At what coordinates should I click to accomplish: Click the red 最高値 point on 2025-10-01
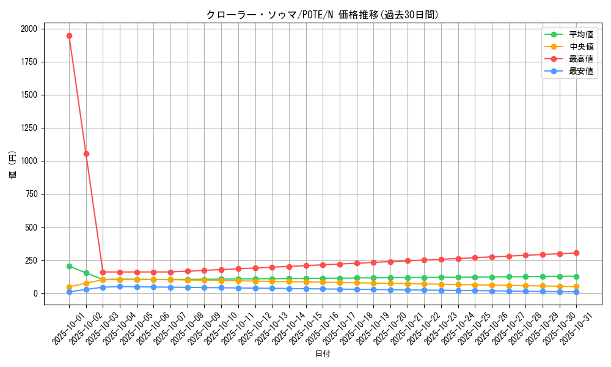coord(69,35)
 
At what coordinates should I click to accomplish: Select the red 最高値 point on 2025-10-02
coord(86,154)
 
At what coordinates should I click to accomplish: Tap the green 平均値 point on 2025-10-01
coord(69,266)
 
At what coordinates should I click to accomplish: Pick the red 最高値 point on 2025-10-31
coord(576,253)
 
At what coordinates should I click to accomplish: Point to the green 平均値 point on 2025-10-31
coord(576,276)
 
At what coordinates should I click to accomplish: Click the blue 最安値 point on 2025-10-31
coord(576,292)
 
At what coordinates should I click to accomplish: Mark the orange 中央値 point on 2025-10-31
coord(576,286)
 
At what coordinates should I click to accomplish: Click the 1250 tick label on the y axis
coord(28,128)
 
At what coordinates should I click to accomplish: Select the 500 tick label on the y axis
coord(31,227)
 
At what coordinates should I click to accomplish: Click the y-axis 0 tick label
coord(35,294)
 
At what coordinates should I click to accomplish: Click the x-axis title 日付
coord(323,354)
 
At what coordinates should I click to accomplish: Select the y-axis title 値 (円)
coord(12,166)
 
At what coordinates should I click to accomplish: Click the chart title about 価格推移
coord(323,15)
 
